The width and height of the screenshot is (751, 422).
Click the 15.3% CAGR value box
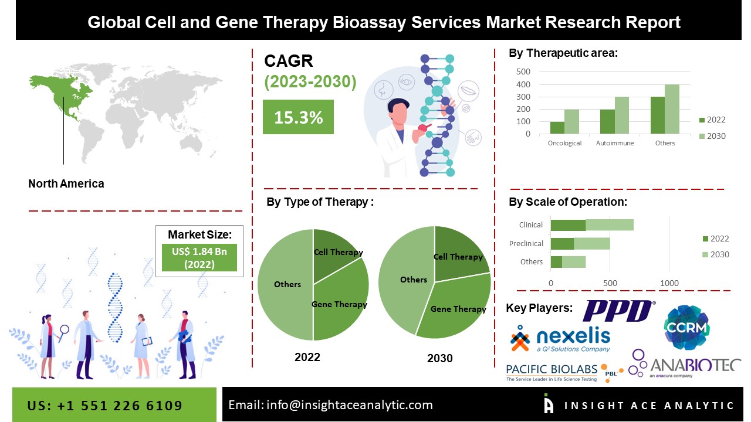(x=298, y=117)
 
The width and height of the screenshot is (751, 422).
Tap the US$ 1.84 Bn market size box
(x=199, y=257)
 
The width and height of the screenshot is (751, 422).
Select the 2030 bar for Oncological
(x=572, y=122)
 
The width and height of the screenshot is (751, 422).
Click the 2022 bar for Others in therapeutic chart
(x=657, y=115)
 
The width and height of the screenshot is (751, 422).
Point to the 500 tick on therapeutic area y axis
(x=523, y=72)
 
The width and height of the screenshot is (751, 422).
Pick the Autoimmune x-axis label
(x=614, y=143)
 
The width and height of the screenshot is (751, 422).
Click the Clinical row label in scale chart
(x=531, y=224)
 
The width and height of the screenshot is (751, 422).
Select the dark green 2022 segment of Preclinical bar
(x=562, y=243)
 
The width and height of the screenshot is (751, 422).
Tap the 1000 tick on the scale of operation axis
(x=669, y=283)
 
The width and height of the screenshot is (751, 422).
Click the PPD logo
(x=618, y=311)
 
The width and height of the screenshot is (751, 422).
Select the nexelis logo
(x=560, y=339)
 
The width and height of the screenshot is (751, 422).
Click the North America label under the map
(x=66, y=183)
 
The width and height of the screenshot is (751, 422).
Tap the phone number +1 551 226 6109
(x=105, y=406)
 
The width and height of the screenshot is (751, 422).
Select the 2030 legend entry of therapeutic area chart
(x=712, y=136)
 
